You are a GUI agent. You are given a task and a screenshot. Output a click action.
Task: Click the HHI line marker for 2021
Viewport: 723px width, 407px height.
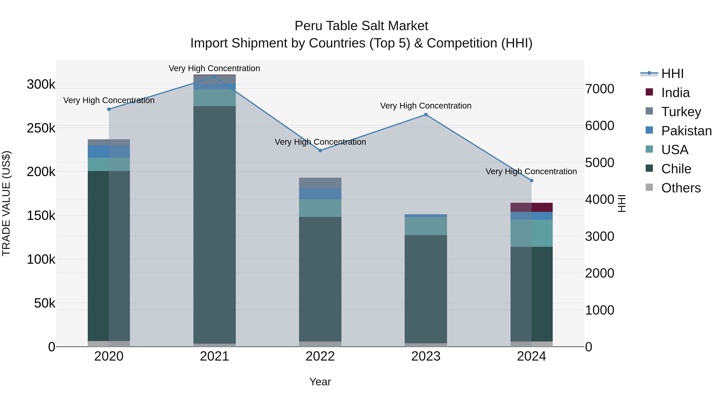214,77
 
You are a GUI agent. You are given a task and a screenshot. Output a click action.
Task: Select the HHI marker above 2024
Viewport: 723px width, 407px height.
531,181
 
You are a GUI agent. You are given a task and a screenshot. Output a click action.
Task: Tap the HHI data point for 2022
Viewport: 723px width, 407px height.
320,150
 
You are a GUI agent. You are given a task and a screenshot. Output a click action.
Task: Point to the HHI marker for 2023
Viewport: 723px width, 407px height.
426,115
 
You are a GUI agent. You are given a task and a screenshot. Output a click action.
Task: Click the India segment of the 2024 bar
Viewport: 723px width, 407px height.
531,207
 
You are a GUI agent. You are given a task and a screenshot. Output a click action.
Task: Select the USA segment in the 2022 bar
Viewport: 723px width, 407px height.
320,208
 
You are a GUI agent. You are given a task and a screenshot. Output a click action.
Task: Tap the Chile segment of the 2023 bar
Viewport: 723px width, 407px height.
426,289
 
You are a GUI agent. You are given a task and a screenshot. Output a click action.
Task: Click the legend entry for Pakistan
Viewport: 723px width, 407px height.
686,131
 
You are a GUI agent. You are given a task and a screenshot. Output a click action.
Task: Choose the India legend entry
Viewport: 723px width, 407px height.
675,93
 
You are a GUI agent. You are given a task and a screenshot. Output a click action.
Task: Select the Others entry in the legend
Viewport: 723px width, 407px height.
681,188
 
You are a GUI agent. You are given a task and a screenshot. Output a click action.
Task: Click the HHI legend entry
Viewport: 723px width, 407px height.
672,74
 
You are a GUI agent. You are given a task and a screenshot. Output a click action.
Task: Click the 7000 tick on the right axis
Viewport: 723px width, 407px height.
599,89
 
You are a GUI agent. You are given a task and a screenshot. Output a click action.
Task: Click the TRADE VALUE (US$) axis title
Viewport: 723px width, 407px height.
6,203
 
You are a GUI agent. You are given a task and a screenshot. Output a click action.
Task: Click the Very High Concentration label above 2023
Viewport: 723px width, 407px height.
426,106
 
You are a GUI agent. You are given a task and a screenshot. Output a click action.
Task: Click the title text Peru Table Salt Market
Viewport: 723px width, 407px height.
361,26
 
